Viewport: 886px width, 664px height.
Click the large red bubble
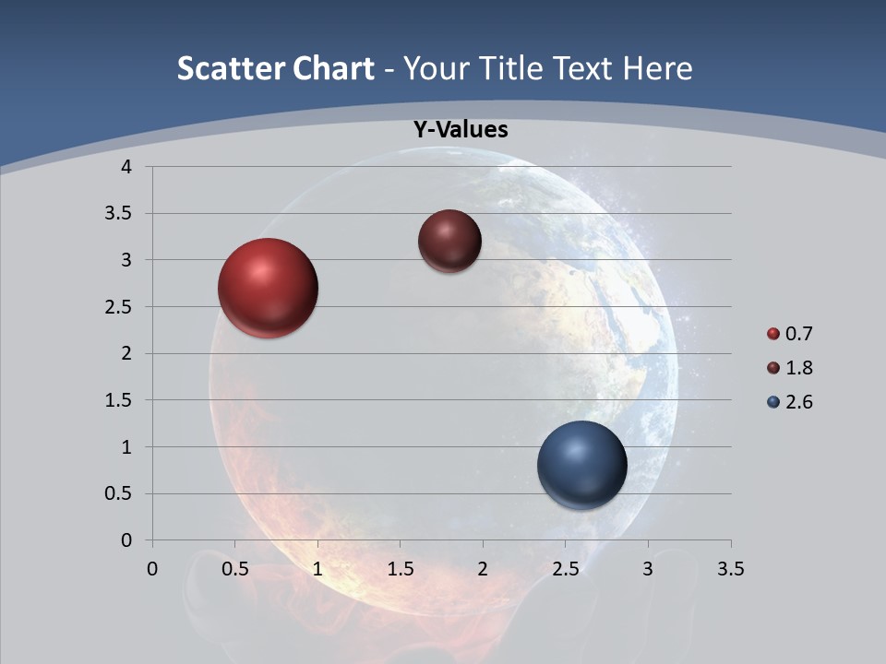(x=268, y=288)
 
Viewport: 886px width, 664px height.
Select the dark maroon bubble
(x=449, y=241)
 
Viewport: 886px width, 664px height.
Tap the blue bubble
(x=581, y=465)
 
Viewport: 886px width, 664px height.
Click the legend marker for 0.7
(x=773, y=334)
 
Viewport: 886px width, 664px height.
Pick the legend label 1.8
(x=799, y=368)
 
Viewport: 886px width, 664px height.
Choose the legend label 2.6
(x=799, y=402)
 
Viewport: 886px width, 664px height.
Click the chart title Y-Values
(x=461, y=130)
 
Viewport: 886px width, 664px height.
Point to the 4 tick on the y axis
(x=126, y=167)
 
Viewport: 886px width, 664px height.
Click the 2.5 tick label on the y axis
(x=119, y=307)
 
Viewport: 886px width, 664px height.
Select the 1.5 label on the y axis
(x=119, y=400)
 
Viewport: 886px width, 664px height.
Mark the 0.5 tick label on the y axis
(x=119, y=494)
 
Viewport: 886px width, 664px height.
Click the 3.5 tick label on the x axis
(x=730, y=569)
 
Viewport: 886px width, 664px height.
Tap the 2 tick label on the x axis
(x=483, y=569)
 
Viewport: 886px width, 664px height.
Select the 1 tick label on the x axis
(x=317, y=569)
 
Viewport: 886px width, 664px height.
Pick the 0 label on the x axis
(x=152, y=569)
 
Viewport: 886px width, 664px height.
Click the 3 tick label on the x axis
(x=648, y=569)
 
